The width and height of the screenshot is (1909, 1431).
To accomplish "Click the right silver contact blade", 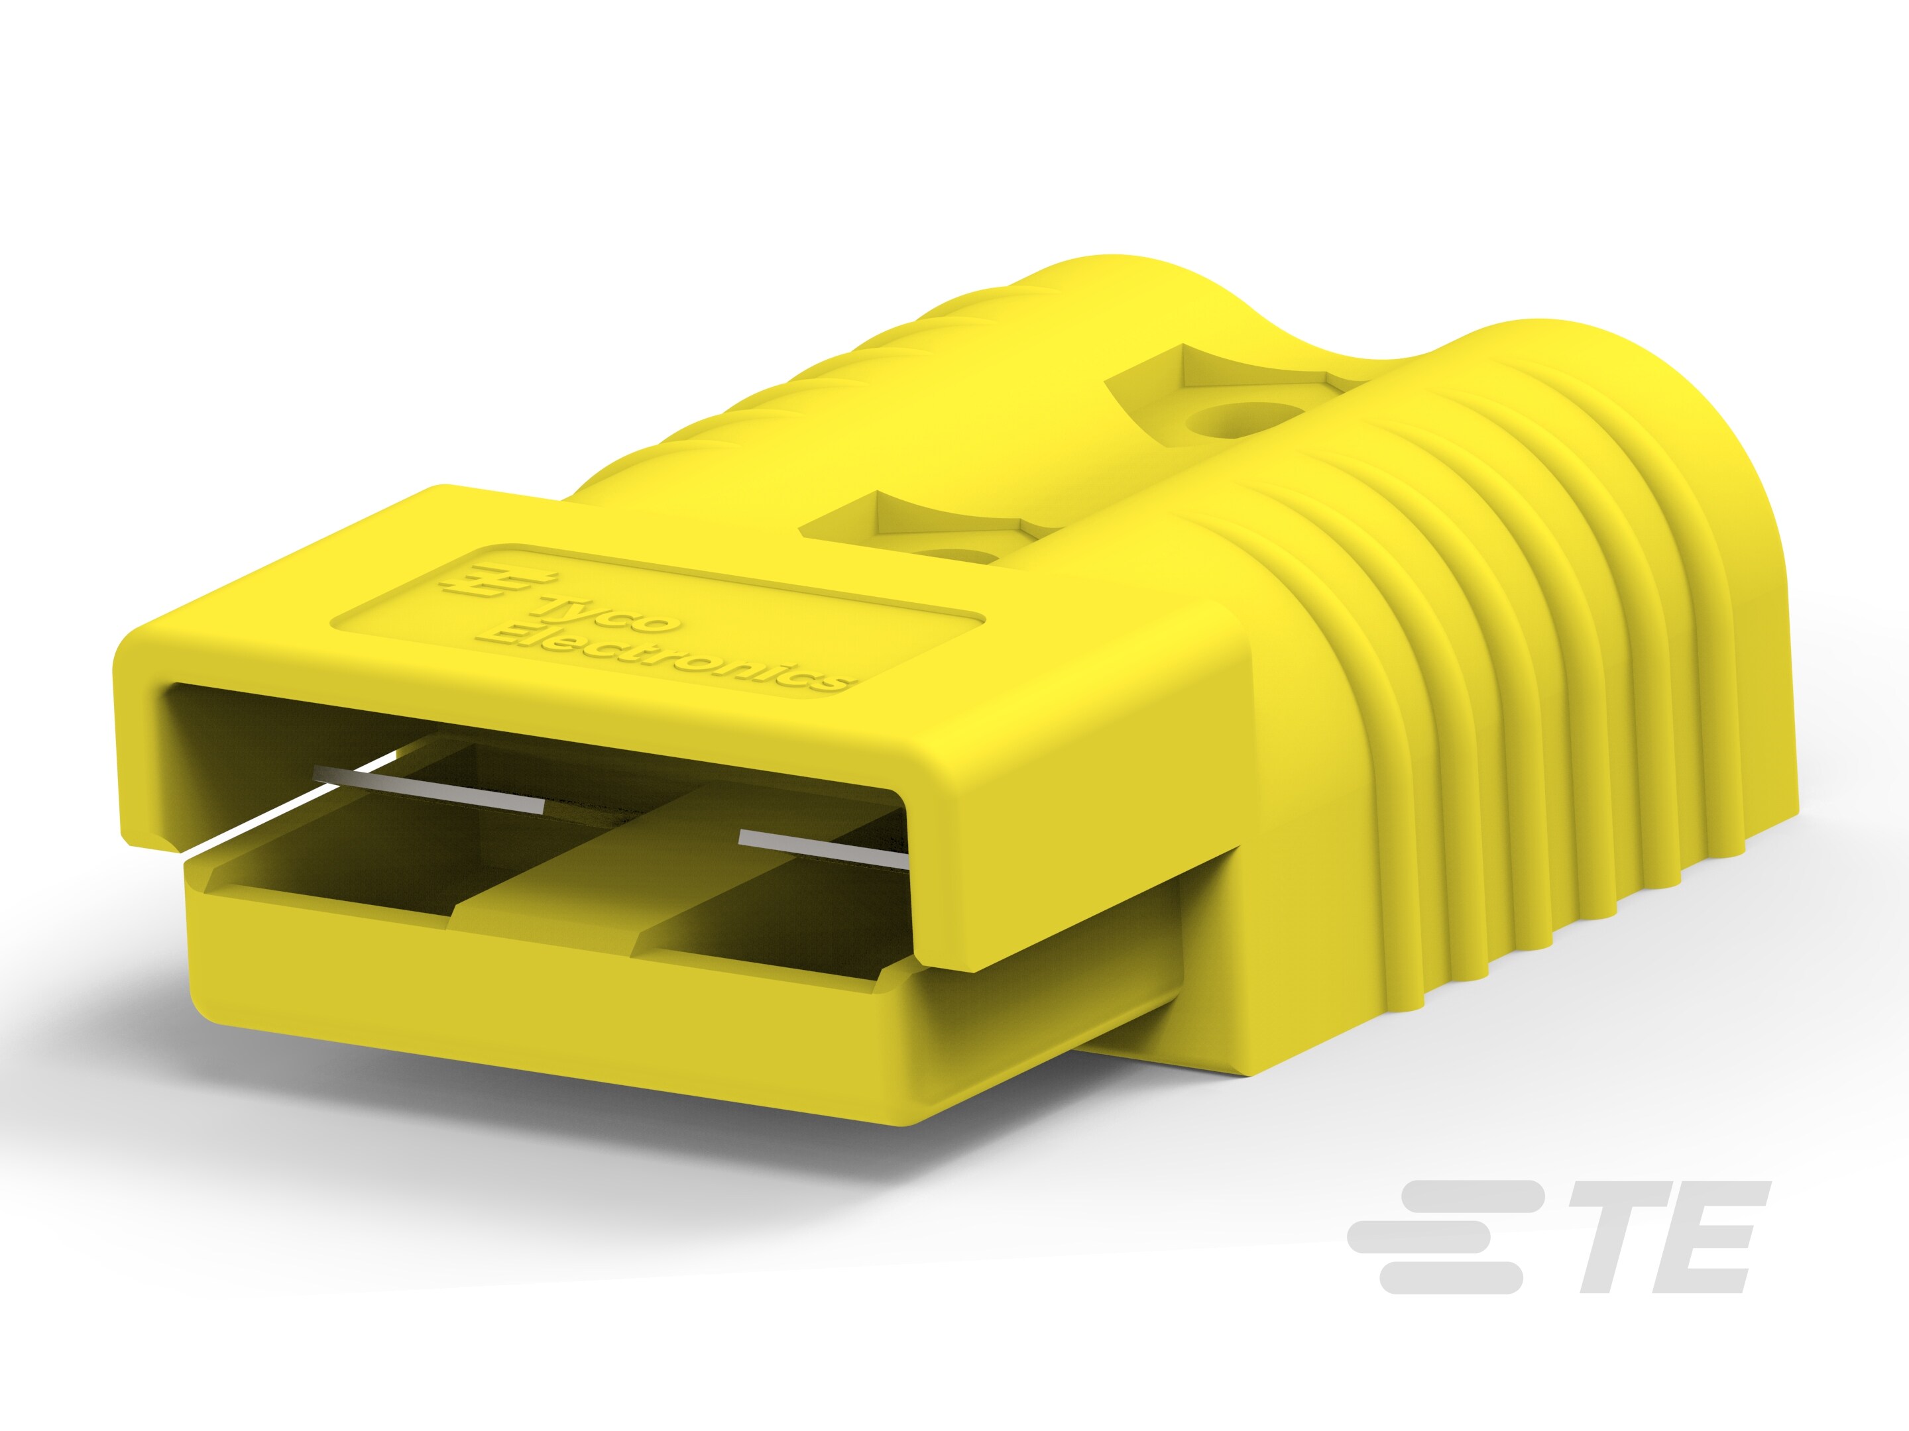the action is coord(823,849).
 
